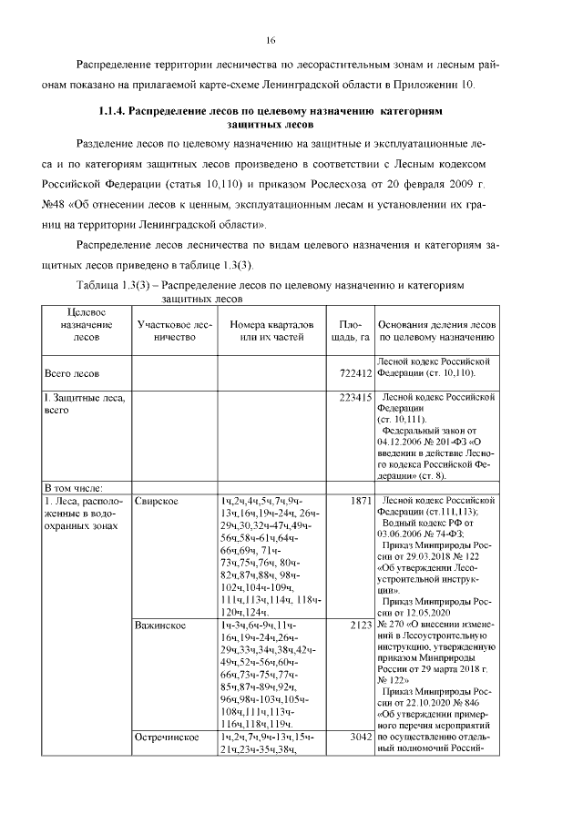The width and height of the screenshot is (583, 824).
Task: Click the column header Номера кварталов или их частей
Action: click(271, 330)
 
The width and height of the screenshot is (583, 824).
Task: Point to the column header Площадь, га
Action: click(351, 330)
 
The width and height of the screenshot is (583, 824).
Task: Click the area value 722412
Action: click(352, 373)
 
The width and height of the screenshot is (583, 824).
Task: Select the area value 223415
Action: click(352, 398)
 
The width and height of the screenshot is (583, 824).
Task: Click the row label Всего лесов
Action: click(72, 373)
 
